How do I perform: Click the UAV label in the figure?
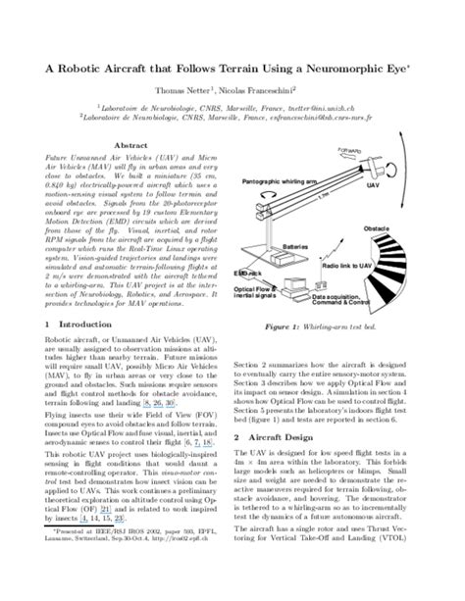point(397,184)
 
